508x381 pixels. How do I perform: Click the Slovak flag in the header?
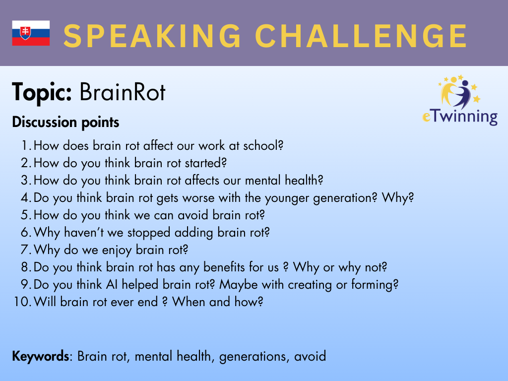[x=31, y=33]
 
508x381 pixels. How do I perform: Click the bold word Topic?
[x=42, y=93]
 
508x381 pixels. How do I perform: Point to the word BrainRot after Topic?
[x=123, y=92]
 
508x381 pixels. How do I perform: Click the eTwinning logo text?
[x=460, y=116]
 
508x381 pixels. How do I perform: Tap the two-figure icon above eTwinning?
[x=459, y=92]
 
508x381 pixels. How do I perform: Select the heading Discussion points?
[x=65, y=122]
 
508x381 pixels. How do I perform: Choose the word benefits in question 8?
[x=224, y=267]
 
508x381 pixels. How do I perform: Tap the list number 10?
[x=22, y=302]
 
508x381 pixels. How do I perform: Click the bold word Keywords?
[x=41, y=356]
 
